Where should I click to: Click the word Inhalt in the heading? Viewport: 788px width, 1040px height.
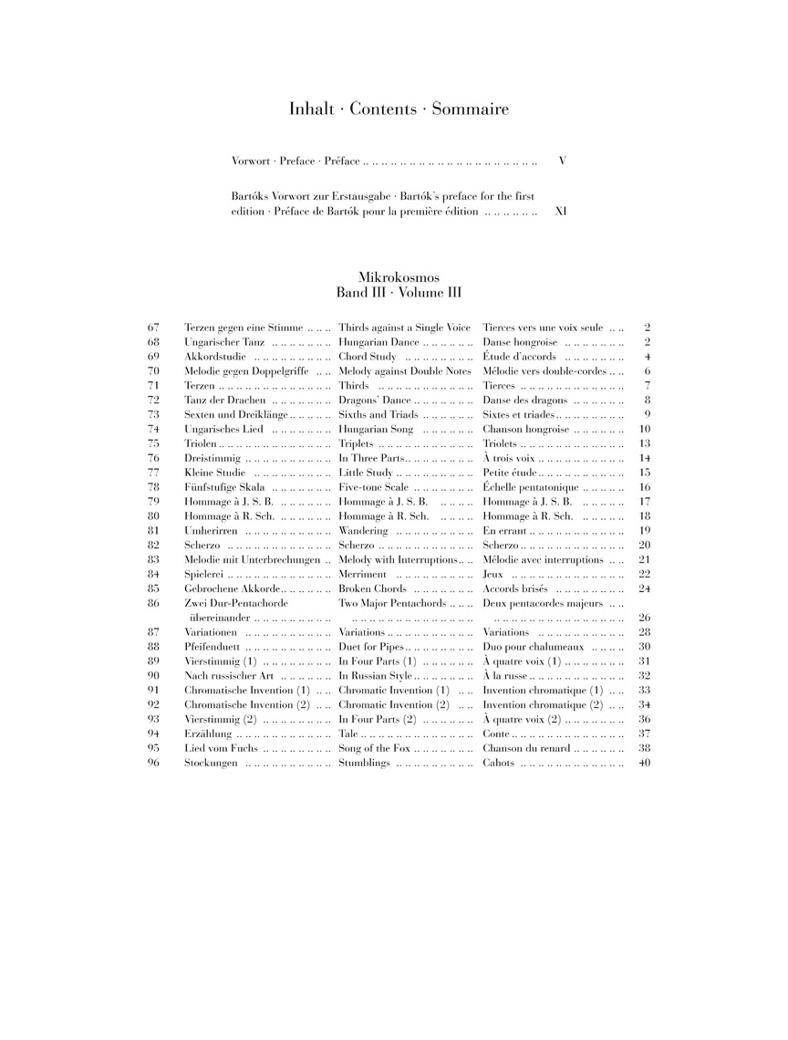click(312, 109)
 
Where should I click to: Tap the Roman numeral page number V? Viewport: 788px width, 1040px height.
click(563, 161)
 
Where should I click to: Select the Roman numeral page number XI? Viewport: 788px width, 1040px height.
click(561, 211)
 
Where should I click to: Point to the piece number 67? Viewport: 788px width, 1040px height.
click(153, 327)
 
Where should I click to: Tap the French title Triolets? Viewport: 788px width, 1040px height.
click(500, 443)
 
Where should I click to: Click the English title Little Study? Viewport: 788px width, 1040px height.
click(366, 473)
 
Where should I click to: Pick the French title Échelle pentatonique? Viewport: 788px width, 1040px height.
click(528, 487)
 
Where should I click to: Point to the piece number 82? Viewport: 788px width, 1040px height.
click(153, 545)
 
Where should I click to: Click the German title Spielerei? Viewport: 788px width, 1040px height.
click(203, 574)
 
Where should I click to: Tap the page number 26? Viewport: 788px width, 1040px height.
click(645, 618)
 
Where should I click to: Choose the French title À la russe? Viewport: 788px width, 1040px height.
click(504, 675)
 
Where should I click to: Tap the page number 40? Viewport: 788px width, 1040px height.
click(645, 763)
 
